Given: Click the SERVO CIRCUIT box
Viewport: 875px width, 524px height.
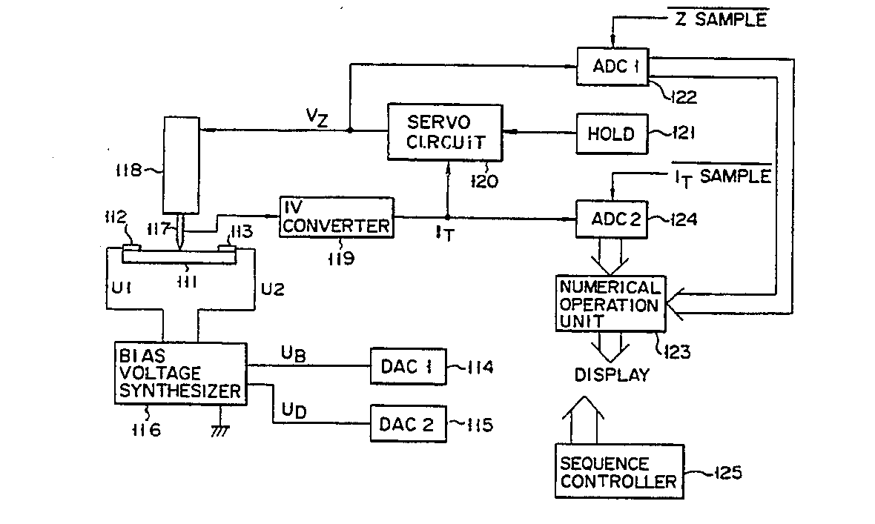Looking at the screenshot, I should click(x=445, y=131).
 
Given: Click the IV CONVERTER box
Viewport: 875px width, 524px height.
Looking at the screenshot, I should click(x=337, y=216).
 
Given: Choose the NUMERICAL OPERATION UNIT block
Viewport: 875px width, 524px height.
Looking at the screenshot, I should click(x=610, y=304).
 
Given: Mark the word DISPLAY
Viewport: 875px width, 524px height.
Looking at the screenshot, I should click(x=612, y=374).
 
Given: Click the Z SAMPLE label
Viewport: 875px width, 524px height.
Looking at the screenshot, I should click(x=721, y=19).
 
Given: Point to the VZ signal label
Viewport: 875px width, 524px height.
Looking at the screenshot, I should click(x=317, y=116).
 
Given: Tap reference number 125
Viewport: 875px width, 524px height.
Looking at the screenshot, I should click(x=725, y=471).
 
